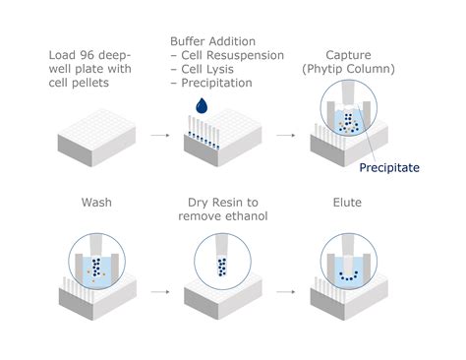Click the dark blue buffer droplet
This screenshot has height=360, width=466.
click(202, 105)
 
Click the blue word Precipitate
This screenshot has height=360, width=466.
click(389, 168)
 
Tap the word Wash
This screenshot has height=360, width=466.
click(96, 203)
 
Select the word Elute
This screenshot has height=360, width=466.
click(347, 203)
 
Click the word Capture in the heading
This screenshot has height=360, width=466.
click(348, 55)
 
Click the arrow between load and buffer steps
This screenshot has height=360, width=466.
click(160, 135)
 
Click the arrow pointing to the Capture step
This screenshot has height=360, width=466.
click(286, 135)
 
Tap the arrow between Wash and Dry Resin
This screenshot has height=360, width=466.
click(160, 291)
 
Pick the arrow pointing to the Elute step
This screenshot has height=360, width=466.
click(286, 291)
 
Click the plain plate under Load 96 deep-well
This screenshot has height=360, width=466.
click(96, 138)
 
